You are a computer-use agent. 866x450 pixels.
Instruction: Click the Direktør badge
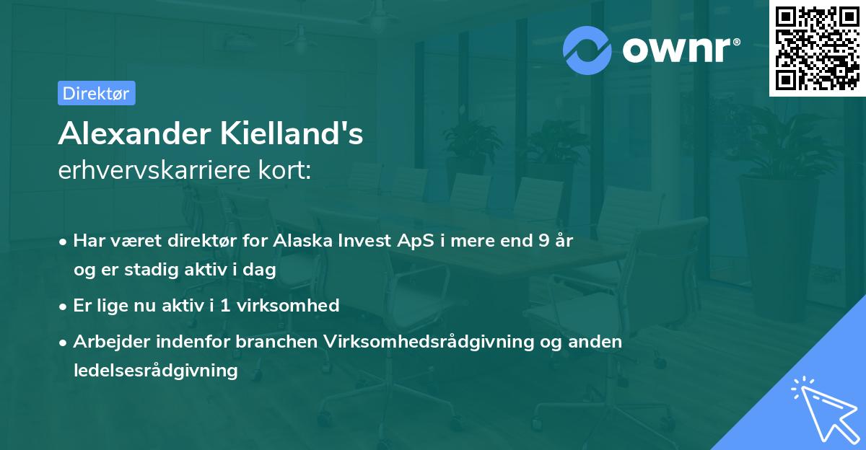pyautogui.click(x=96, y=93)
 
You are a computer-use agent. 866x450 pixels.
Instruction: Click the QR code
pyautogui.click(x=817, y=48)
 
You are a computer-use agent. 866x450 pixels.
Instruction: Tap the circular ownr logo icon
pyautogui.click(x=588, y=50)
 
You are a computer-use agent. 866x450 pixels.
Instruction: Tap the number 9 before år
pyautogui.click(x=543, y=241)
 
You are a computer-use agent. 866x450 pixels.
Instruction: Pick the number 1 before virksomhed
pyautogui.click(x=225, y=305)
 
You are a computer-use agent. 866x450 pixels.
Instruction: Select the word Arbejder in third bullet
pyautogui.click(x=105, y=341)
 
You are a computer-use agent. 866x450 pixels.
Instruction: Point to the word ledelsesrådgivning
pyautogui.click(x=155, y=370)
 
